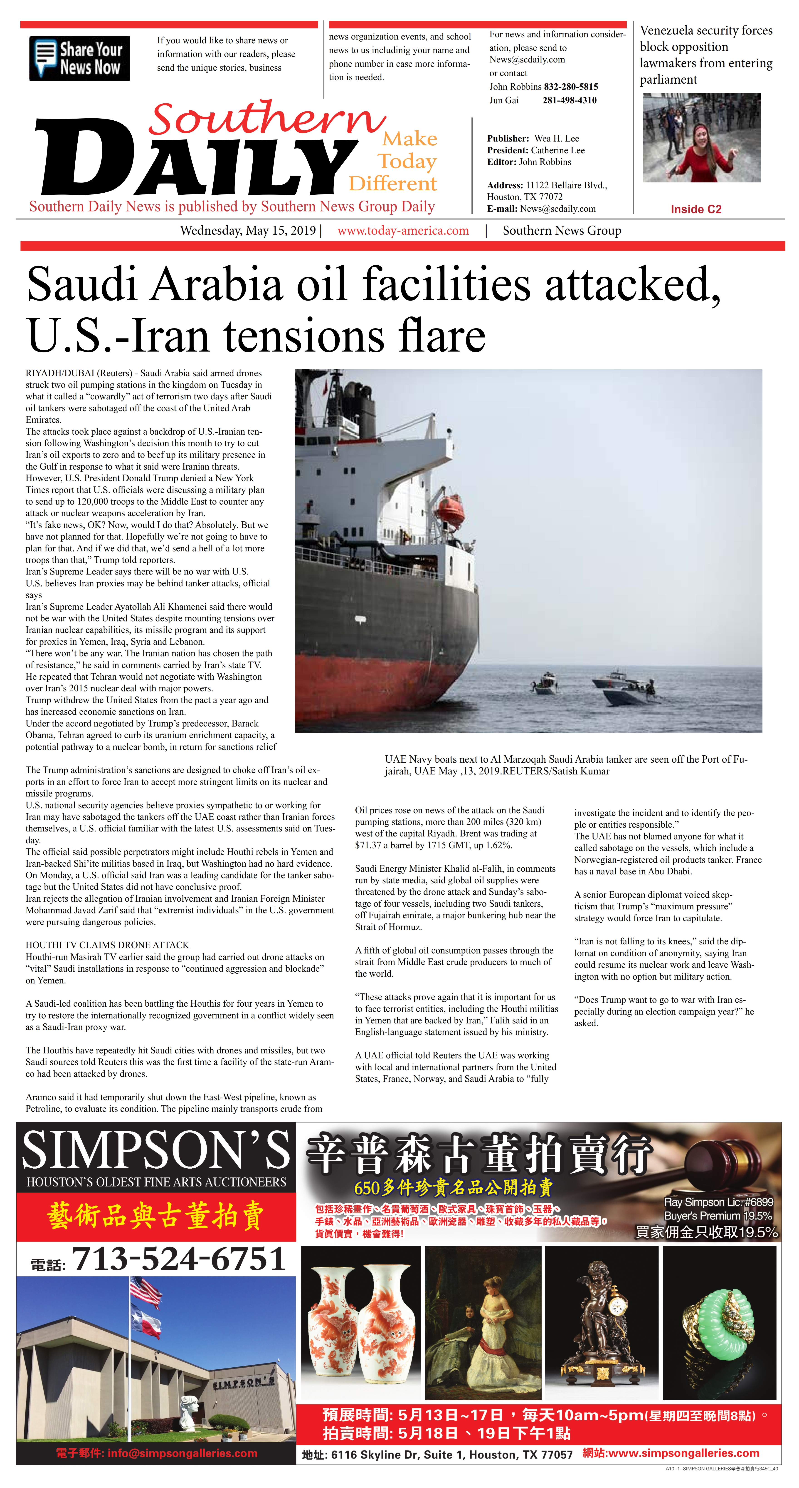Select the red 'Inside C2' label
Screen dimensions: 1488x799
(x=696, y=209)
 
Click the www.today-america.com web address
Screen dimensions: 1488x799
(x=403, y=231)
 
